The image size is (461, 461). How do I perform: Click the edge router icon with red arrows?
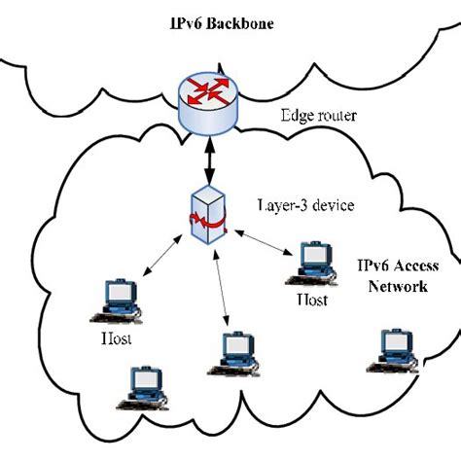pos(208,98)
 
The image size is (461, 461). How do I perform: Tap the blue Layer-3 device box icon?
pos(209,219)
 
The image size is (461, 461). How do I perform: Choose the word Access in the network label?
pos(409,266)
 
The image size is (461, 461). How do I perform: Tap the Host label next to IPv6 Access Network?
pos(312,301)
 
